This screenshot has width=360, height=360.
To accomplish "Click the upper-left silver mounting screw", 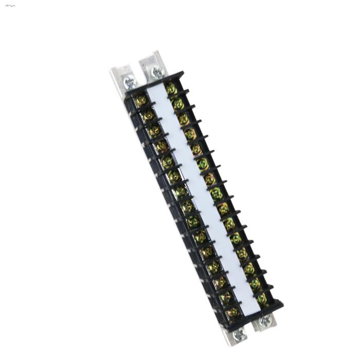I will (x=130, y=80).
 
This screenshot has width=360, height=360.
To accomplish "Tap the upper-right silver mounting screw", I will (x=157, y=73).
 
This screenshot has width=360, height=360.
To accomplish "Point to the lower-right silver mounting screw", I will (x=265, y=320).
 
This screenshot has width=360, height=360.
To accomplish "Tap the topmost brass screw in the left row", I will (x=141, y=100).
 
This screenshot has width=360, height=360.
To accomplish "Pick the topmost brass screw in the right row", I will (x=171, y=89).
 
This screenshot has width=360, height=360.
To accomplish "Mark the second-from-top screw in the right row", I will (x=177, y=104).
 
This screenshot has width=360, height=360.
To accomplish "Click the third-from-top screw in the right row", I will (x=184, y=119).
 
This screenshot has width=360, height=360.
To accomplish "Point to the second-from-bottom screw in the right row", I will (x=255, y=283).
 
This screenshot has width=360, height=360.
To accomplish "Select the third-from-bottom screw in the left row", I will (x=220, y=282).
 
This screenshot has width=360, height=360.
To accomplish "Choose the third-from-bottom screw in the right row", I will (x=249, y=268).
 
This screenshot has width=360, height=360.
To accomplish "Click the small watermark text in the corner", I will (x=9, y=5).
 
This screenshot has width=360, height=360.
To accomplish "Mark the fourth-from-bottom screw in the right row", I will (x=242, y=254).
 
